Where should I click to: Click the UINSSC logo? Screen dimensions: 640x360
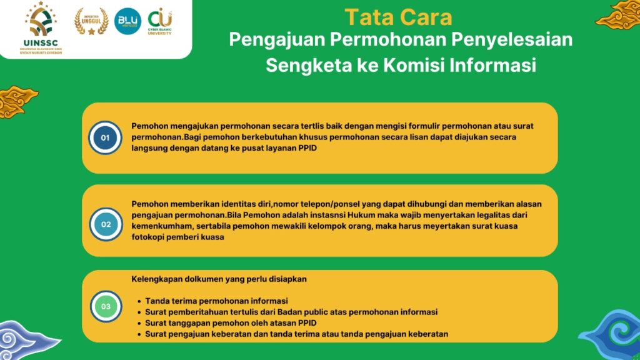click(41, 27)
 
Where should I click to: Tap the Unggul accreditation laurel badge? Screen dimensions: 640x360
click(91, 22)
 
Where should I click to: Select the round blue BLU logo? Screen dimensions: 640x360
click(127, 21)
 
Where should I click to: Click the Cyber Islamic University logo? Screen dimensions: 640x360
click(160, 21)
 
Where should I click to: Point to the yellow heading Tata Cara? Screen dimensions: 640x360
click(398, 17)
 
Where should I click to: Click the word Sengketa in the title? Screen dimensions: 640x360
click(309, 65)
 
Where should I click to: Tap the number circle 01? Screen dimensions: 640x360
click(105, 137)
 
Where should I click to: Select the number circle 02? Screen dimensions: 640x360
click(106, 224)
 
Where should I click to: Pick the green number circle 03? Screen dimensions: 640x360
click(106, 306)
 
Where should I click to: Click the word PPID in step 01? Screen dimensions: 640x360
click(307, 147)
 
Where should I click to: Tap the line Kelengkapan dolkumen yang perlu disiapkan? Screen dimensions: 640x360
click(219, 279)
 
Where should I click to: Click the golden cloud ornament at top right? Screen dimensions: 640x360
click(619, 15)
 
